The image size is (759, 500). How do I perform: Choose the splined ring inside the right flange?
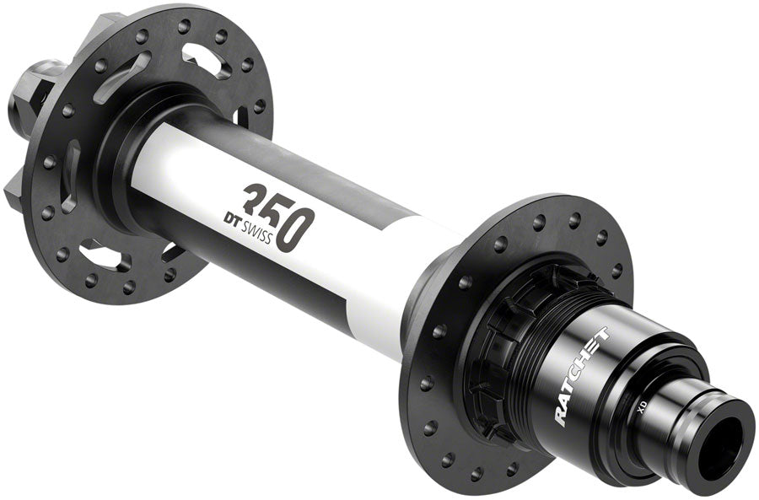(x=489, y=354)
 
